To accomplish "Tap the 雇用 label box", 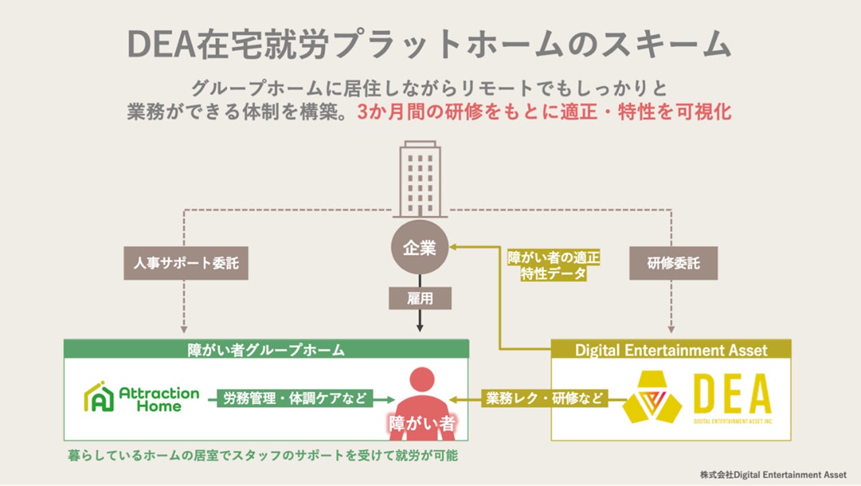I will [420, 298].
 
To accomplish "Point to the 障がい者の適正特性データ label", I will [554, 265].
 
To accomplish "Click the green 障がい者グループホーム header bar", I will [266, 349].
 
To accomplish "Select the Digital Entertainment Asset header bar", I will [671, 349].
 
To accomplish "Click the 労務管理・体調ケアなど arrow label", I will [294, 398].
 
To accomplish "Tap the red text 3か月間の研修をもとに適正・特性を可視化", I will [544, 112].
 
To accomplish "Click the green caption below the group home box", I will [262, 456].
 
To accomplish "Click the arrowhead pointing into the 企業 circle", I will [454, 248].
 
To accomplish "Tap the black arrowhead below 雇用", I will [420, 328].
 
